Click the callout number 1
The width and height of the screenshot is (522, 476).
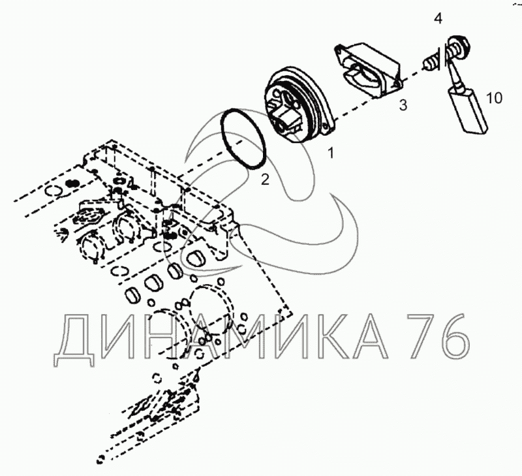(x=331, y=153)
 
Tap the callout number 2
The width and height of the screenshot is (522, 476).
(x=265, y=180)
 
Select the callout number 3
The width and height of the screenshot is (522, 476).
(x=403, y=105)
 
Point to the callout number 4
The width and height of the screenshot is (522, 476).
(x=438, y=18)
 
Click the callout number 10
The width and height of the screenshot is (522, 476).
(x=494, y=98)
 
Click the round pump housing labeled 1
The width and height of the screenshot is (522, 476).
(x=299, y=104)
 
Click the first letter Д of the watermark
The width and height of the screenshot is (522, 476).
(x=74, y=340)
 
